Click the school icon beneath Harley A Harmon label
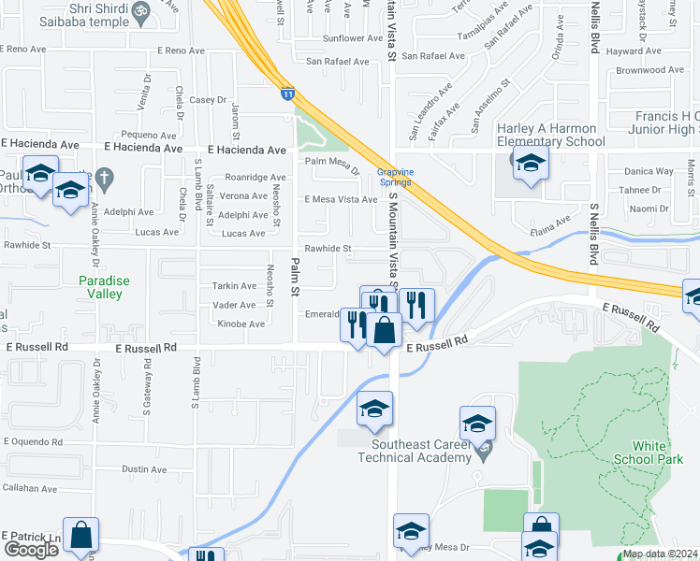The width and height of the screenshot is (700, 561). coord(531,164)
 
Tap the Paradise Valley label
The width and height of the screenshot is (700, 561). coord(100,287)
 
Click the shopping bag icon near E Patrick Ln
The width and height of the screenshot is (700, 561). coord(81,536)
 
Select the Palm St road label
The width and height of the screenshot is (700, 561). coord(294,278)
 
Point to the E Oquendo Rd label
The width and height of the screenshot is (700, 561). coord(32,442)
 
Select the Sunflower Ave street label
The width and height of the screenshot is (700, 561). coord(348,38)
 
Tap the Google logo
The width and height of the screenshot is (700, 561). coord(31,550)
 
